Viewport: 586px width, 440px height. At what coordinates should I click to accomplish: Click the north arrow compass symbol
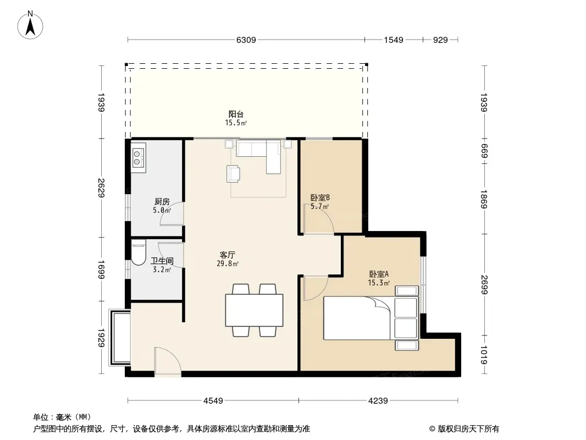coord(30,25)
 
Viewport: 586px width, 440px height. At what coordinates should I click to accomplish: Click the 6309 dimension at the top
coord(246,40)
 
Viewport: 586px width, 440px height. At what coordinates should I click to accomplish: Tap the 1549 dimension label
coord(394,40)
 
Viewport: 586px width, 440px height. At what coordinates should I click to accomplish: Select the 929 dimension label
coord(440,40)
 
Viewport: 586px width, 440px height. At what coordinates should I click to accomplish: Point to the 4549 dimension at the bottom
coord(213,401)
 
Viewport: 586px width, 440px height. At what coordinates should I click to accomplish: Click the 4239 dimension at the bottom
coord(378,401)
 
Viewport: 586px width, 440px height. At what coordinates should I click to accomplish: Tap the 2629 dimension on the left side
coord(101,188)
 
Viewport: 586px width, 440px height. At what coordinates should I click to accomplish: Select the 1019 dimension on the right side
coord(484,355)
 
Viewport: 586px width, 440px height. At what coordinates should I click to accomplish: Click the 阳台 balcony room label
coord(236,114)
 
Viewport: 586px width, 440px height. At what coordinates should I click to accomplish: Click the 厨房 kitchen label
coord(162,201)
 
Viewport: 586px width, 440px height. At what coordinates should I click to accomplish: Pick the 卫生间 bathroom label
coord(162,261)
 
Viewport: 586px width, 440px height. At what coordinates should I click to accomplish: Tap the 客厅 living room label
coord(227,255)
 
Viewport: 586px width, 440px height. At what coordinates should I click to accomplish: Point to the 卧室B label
coord(320,197)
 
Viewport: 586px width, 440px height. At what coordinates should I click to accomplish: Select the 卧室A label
coord(379,274)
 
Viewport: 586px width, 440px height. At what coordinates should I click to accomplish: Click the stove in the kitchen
coord(138,157)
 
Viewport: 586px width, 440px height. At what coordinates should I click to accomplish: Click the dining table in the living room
coord(254,310)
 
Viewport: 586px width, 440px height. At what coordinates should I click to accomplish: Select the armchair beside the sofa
coord(233,174)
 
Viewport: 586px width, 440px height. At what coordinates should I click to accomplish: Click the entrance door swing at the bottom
coord(168,361)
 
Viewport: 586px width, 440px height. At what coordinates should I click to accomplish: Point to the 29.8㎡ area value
coord(228,263)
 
